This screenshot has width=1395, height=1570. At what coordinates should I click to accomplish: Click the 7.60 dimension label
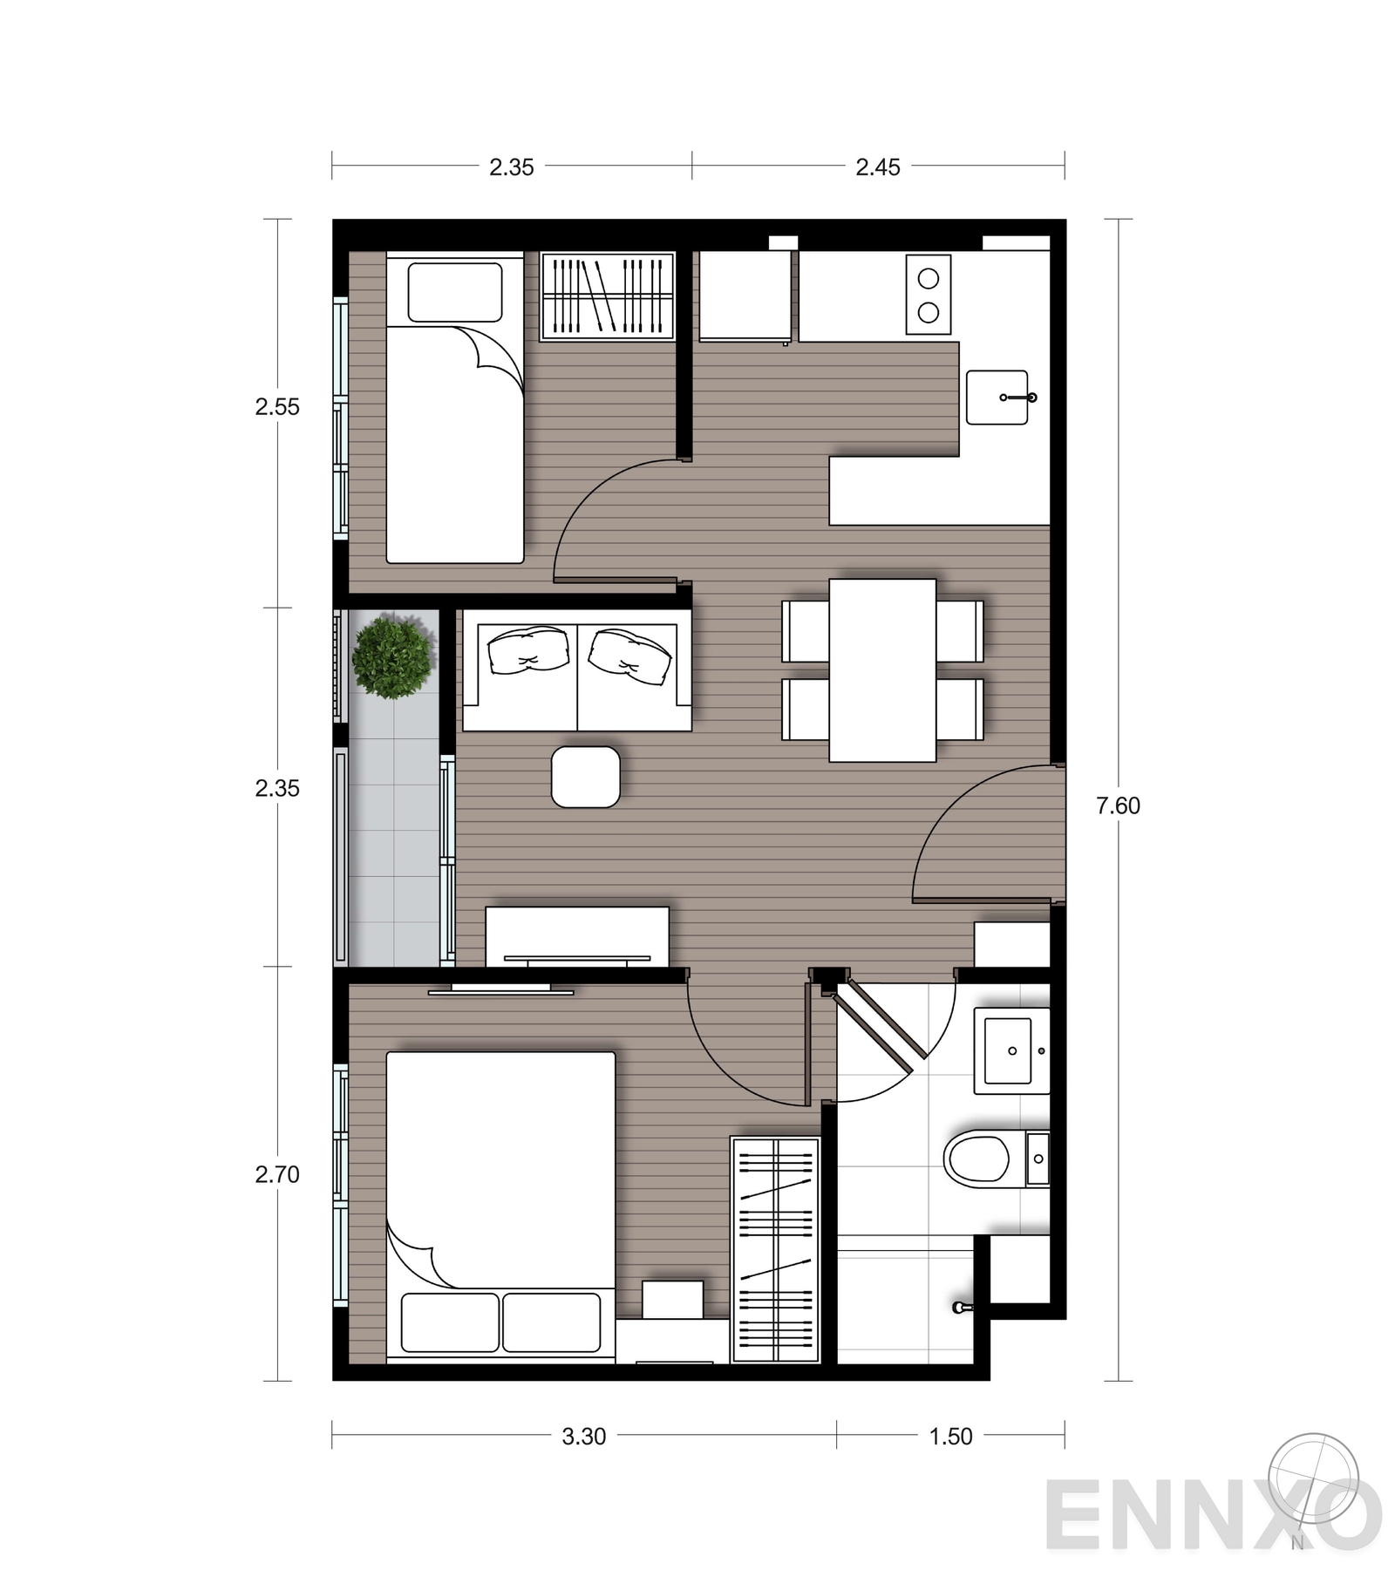pos(1118,805)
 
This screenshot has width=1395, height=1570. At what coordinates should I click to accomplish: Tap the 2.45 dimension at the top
pos(877,167)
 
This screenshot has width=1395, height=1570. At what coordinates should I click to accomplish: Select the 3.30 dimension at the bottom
pos(583,1436)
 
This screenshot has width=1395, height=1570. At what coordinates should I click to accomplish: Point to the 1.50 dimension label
pos(950,1436)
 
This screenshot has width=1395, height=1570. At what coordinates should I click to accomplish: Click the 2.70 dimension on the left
pos(277,1174)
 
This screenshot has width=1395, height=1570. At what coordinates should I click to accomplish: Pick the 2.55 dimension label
pos(277,406)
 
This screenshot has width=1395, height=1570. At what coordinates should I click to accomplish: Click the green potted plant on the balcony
pos(392,656)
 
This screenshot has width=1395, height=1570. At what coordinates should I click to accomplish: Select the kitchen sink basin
pos(997,398)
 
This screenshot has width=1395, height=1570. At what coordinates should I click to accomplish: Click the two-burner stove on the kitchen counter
pos(929,295)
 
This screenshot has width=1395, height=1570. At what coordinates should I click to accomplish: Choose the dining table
pos(882,670)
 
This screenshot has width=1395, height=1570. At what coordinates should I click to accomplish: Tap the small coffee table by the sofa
pos(586,777)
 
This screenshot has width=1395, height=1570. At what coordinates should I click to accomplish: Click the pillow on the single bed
pos(455,293)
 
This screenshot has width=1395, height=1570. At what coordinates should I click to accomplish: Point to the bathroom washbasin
pos(1011,1050)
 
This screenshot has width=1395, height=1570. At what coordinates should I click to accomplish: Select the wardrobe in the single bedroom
pos(608,296)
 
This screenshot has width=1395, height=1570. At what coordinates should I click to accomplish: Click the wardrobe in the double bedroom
pos(775,1249)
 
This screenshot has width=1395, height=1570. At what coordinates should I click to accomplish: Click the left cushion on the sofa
pos(528,650)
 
